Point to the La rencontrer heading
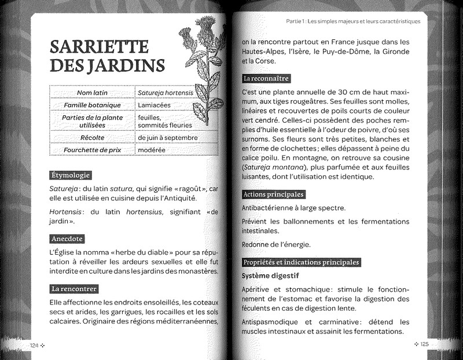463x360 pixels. tap(74, 288)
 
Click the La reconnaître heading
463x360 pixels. tap(266, 78)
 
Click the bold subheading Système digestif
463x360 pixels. tap(270, 275)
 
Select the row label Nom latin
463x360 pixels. tap(93, 92)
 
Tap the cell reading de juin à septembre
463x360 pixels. tap(168, 138)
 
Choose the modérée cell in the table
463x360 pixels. tap(151, 150)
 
